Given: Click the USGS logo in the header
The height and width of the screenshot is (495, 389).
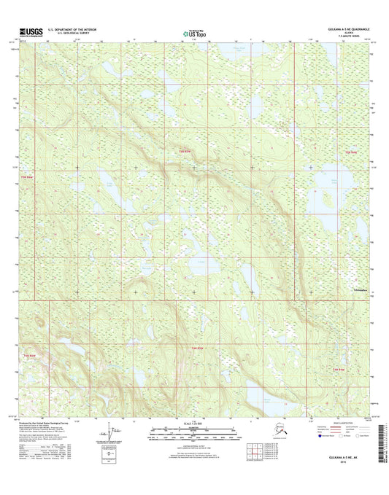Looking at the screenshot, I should point(28,31).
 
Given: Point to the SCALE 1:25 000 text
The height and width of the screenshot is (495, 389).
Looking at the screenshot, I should point(194,424).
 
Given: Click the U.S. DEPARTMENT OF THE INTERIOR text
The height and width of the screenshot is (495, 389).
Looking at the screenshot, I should point(72,28).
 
